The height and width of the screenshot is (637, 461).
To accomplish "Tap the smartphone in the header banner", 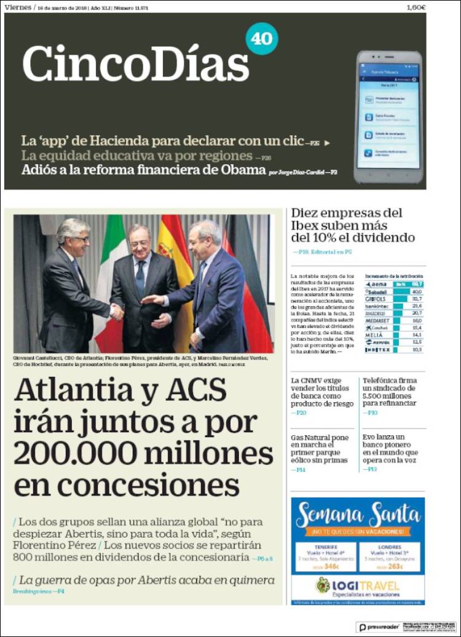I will pyautogui.click(x=388, y=117).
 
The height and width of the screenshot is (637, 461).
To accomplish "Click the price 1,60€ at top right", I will pyautogui.click(x=416, y=7).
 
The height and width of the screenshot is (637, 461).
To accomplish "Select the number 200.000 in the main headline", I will pyautogui.click(x=77, y=454).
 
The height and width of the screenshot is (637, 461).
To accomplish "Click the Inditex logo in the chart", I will pyautogui.click(x=377, y=350).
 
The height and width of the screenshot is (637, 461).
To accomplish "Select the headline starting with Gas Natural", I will pyautogui.click(x=320, y=448).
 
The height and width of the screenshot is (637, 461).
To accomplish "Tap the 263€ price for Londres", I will pyautogui.click(x=396, y=566).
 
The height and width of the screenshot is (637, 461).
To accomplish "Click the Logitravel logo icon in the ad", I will pyautogui.click(x=323, y=585).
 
